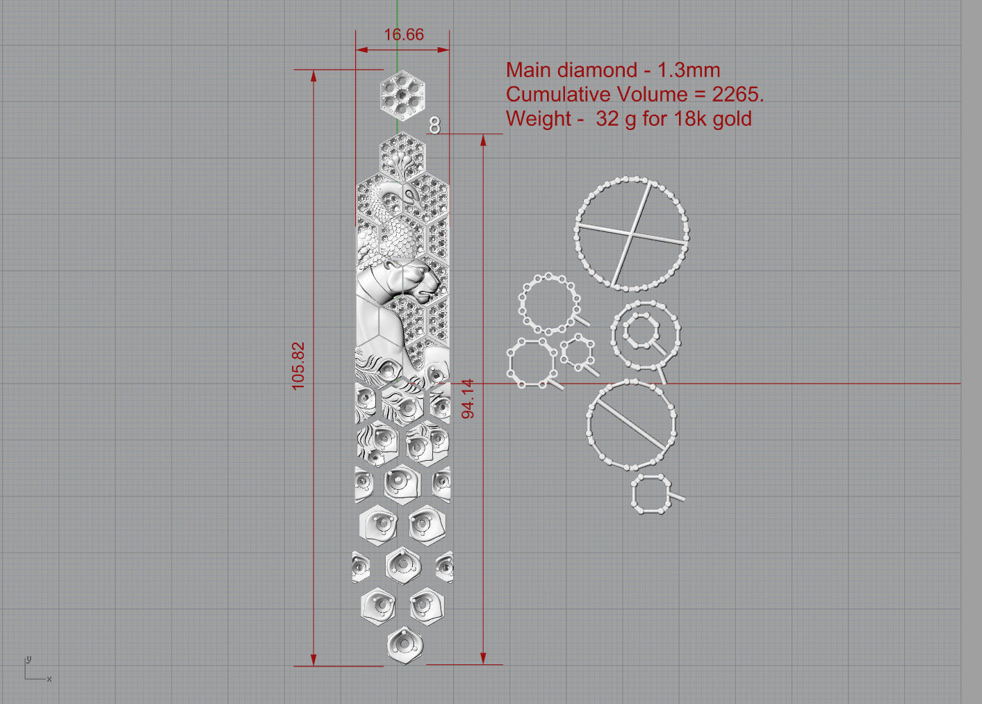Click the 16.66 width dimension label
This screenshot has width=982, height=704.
(403, 35)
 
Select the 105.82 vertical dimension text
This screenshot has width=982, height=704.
(298, 366)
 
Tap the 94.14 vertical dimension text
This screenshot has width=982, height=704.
(468, 398)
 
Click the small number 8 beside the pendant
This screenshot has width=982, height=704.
(435, 125)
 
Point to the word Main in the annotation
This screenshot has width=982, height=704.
(529, 70)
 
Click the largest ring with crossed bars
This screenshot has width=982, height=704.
(631, 234)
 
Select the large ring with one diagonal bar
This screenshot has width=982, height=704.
(631, 424)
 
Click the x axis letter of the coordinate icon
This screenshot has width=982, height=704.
(49, 679)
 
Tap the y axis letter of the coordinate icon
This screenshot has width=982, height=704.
(28, 659)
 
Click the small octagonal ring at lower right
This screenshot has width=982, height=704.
(652, 494)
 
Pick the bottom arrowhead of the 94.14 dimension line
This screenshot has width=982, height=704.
(484, 658)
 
